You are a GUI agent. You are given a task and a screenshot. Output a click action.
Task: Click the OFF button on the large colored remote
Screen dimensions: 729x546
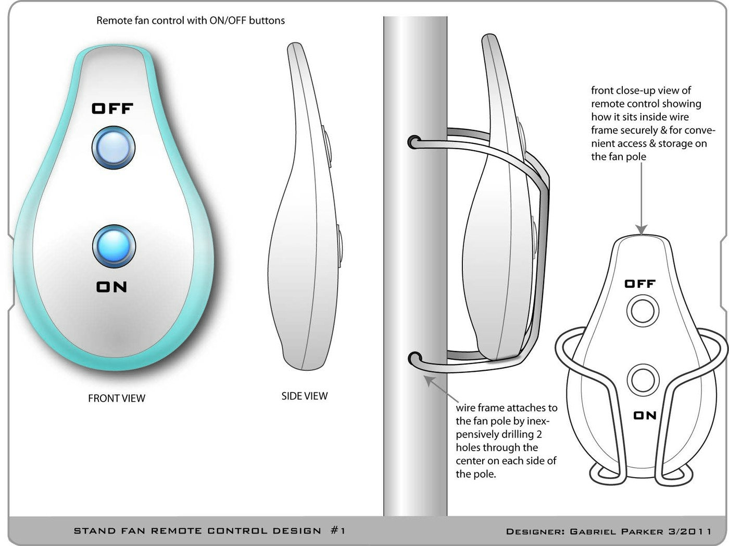113,147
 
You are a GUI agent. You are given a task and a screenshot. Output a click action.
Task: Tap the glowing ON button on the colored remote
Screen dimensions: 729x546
114,246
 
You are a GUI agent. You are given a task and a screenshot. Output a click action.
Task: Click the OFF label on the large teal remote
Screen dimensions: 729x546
112,108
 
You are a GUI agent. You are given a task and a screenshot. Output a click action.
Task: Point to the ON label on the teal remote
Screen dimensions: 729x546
111,287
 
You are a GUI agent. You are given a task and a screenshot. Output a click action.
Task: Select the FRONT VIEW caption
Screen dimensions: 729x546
117,398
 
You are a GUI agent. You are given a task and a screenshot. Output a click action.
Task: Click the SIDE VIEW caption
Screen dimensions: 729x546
305,396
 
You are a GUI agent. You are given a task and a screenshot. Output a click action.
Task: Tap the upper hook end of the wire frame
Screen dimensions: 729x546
413,142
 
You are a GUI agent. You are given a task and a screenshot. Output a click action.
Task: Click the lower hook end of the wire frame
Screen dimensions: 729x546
414,360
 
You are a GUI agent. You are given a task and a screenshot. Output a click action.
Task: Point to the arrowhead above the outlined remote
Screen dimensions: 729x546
642,229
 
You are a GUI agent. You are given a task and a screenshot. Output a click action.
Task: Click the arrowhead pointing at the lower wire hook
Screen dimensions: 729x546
429,380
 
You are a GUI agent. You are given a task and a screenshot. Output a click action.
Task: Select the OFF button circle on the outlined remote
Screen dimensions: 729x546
643,311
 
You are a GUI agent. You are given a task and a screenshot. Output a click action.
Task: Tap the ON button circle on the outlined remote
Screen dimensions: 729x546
643,380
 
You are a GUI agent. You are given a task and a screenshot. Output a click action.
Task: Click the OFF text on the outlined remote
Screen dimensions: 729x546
639,284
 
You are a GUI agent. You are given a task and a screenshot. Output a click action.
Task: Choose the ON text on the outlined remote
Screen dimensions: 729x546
645,415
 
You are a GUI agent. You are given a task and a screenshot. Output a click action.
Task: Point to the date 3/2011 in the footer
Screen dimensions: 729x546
690,531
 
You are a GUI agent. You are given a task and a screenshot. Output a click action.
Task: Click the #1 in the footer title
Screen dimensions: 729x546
338,530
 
